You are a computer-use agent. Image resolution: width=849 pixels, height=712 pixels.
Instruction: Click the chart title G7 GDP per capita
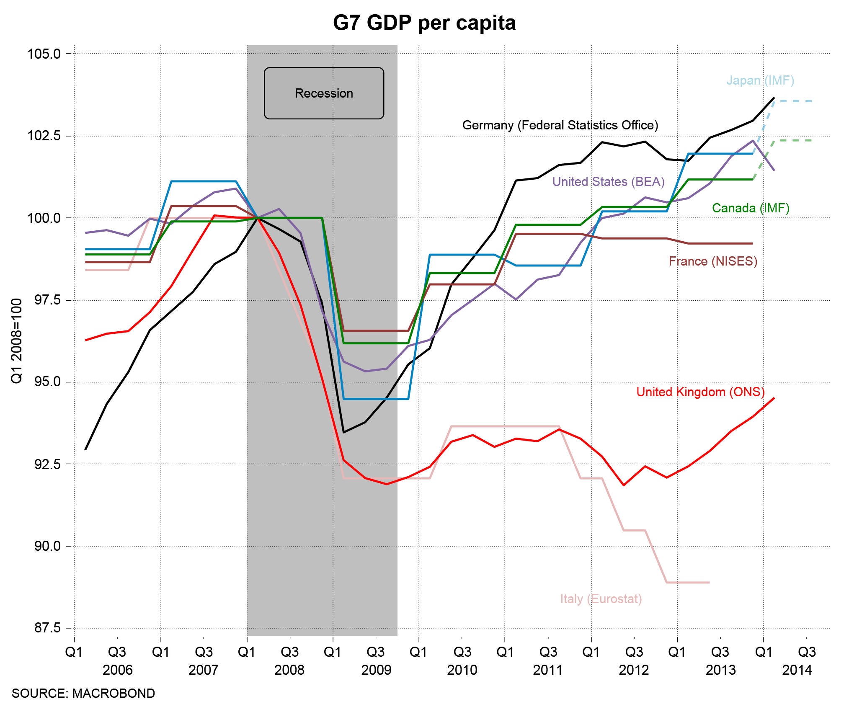(x=424, y=23)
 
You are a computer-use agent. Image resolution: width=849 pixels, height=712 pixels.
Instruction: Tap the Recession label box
(x=324, y=93)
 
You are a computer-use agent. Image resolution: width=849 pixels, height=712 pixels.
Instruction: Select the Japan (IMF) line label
(x=760, y=80)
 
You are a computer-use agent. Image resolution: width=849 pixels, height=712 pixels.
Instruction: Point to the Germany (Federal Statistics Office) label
(x=560, y=125)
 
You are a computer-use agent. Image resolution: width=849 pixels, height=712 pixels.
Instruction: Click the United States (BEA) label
(x=608, y=182)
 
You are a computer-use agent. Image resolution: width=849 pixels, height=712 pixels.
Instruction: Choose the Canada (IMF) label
(x=751, y=208)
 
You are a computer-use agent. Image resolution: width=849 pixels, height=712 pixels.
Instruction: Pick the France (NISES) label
(x=713, y=261)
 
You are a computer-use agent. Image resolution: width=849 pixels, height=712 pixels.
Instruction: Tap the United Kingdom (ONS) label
(x=700, y=392)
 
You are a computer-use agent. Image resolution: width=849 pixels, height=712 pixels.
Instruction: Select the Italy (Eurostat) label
(x=601, y=599)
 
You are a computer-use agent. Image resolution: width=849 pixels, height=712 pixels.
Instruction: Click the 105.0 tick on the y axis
(x=44, y=54)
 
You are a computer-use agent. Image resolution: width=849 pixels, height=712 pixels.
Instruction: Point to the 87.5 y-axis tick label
(x=47, y=628)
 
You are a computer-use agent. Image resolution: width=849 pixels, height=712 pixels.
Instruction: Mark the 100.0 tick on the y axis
(x=44, y=218)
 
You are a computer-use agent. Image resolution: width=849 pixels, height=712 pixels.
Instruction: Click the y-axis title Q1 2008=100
(x=16, y=341)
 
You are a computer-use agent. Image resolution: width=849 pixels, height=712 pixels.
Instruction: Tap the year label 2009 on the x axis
(x=376, y=670)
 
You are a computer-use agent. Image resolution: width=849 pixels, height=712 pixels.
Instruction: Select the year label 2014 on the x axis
(x=797, y=670)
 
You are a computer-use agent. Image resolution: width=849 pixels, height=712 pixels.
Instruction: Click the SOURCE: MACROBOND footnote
(x=83, y=694)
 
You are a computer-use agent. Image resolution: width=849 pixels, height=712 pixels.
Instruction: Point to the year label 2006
(x=117, y=670)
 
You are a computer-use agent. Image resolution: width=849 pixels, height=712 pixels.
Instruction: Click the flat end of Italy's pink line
(x=709, y=582)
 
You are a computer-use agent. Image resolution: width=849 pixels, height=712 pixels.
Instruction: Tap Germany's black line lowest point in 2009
(x=343, y=432)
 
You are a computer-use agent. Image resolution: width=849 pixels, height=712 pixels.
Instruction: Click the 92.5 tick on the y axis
(x=47, y=464)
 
